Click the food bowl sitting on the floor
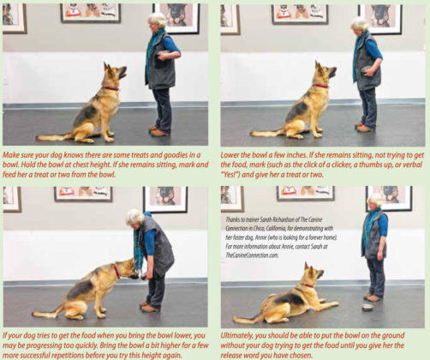pyautogui.click(x=367, y=306)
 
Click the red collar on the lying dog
pyautogui.click(x=306, y=285)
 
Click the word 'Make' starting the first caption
pyautogui.click(x=13, y=149)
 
